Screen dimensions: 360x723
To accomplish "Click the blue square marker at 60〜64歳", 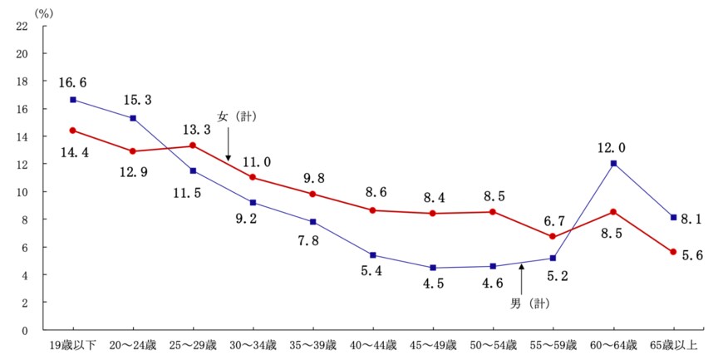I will (613, 163).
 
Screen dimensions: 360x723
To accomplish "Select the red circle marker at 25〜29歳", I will (193, 145).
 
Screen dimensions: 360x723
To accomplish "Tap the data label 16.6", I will (73, 83).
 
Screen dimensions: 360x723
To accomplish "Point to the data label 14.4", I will (73, 153).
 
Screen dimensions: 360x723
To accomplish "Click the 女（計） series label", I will (237, 116).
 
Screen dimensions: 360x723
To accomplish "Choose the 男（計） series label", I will (532, 303).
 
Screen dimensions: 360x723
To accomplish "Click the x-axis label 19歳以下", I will (73, 344).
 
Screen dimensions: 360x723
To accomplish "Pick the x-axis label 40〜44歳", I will (372, 344).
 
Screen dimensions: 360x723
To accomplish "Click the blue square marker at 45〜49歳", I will (433, 268).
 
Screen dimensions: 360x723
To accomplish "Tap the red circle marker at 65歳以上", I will (673, 252).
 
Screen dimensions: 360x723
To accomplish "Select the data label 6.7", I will (553, 219).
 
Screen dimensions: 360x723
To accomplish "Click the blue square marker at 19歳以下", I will (73, 100).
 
